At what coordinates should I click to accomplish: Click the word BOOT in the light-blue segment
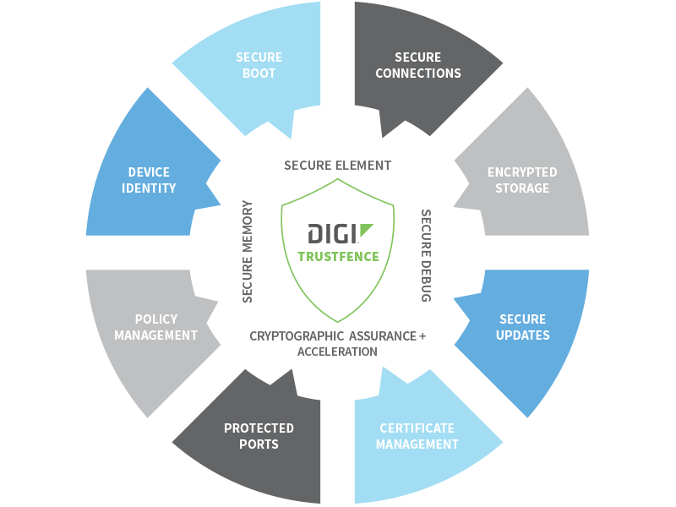coord(259,74)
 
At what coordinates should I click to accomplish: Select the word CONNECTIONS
coord(418,74)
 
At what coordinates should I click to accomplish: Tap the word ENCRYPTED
coord(522,172)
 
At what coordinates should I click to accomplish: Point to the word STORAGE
coord(522,188)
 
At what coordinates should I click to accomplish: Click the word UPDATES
coord(523,335)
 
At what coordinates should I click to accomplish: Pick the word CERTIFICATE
coord(417,428)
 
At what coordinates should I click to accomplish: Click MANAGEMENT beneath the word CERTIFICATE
coord(417,444)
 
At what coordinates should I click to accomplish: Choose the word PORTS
coord(259,444)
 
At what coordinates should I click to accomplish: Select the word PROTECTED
coord(259,428)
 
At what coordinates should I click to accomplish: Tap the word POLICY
coord(156,319)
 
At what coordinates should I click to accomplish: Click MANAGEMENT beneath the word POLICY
coord(156,335)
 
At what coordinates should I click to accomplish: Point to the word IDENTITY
coord(149,188)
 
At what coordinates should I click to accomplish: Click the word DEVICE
coord(149,172)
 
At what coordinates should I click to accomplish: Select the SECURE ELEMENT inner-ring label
coord(338,165)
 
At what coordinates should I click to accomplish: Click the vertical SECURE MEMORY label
coord(248,251)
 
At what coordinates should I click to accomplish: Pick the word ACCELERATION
coord(337,351)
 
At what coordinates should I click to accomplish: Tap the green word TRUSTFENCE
coord(338,256)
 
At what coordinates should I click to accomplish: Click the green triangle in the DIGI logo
coord(364,231)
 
